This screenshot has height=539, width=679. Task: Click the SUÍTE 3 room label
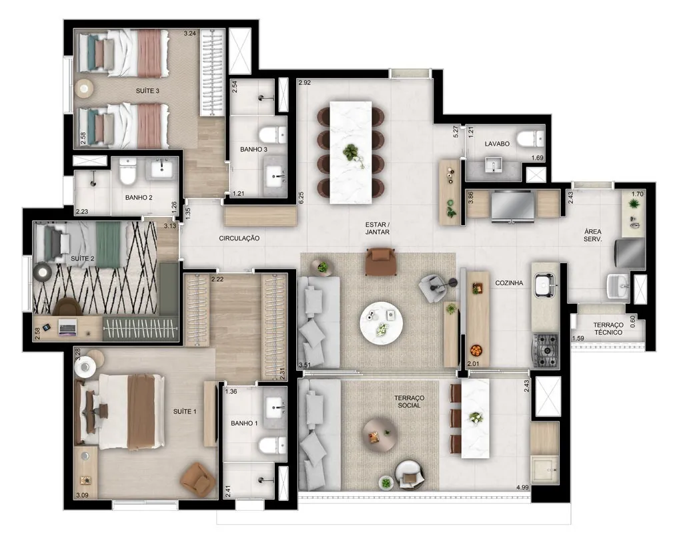point(147,91)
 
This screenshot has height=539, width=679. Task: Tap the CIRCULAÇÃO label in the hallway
point(239,238)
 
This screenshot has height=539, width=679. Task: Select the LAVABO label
point(497,144)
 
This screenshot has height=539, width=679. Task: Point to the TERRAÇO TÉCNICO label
point(608,329)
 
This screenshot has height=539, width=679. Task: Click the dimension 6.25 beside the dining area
point(301,198)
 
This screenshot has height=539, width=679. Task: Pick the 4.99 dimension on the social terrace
point(522,488)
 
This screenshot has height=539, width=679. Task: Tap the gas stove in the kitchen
point(545,351)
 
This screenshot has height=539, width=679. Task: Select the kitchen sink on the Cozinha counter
point(545,285)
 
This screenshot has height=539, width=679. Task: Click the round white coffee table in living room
point(382,323)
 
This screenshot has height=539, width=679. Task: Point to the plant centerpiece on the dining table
point(352,154)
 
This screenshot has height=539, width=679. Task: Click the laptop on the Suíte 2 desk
point(67,327)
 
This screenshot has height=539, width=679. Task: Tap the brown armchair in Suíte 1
point(198,479)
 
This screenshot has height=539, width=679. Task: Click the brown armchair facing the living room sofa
point(380,261)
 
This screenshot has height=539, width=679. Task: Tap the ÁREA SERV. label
point(592,235)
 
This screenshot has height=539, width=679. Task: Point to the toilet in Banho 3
point(272,135)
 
